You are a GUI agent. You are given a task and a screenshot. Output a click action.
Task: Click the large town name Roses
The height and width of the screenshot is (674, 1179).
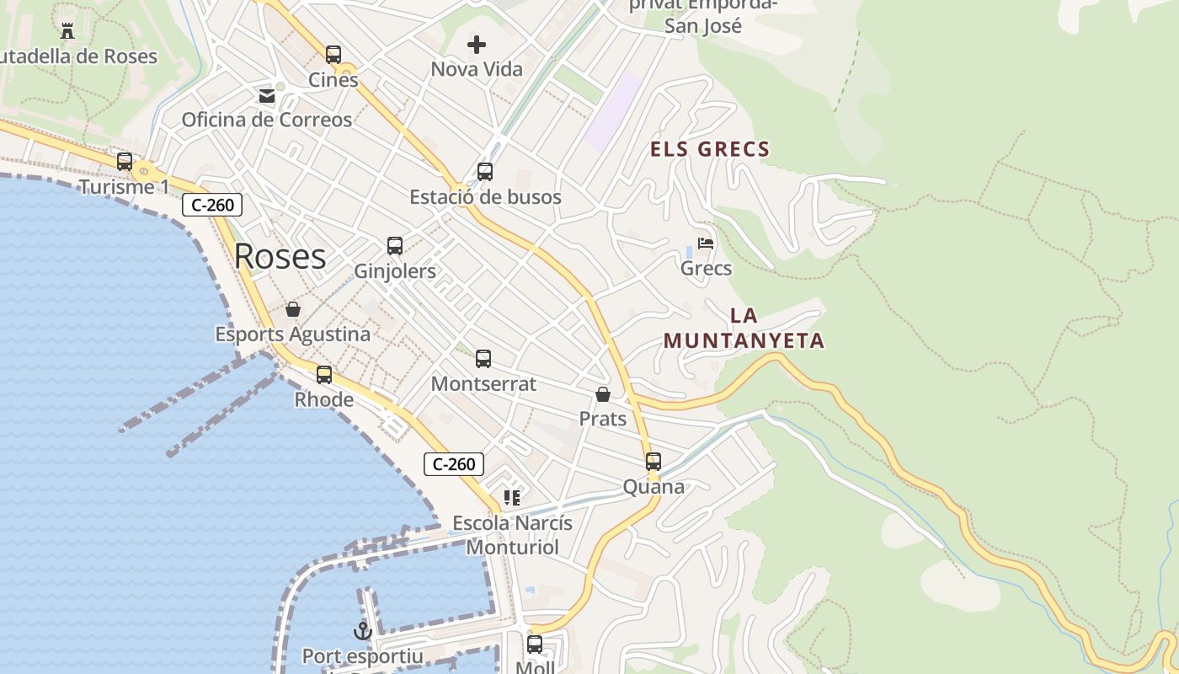coord(280,256)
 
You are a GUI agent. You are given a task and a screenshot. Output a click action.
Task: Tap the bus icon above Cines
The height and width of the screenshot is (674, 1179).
coord(333,55)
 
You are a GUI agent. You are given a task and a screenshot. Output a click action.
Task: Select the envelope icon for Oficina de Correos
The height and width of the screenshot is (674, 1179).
coord(267,95)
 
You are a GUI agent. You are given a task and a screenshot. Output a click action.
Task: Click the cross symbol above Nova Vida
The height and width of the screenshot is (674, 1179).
coord(477,44)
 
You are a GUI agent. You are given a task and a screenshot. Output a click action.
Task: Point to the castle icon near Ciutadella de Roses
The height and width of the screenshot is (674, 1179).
coord(67,31)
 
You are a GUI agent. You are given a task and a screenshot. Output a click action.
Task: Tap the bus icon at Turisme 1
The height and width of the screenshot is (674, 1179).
coord(125,161)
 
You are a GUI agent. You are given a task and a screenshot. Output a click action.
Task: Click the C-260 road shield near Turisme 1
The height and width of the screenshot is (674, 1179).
coord(212,205)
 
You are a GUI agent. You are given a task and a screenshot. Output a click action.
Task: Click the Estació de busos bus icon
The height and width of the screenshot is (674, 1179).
coord(485,172)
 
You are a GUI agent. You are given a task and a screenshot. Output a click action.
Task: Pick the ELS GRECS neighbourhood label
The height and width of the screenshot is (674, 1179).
coord(710,150)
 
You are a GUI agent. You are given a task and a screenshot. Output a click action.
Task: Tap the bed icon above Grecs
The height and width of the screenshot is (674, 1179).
coord(706,243)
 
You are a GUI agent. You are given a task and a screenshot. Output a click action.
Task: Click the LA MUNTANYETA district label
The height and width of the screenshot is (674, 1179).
coord(744,329)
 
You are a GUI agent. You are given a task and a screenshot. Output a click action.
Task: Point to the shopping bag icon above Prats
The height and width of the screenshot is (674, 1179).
coord(603,393)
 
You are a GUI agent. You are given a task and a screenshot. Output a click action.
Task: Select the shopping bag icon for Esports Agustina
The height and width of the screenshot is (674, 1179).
coord(293,309)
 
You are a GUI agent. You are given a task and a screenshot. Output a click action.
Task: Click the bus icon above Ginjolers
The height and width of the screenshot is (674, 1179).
coord(395,246)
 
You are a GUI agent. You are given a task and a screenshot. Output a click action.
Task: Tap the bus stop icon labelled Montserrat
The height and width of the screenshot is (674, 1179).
coord(483,359)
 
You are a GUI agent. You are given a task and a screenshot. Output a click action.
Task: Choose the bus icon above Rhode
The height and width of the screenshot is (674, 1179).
coord(324,375)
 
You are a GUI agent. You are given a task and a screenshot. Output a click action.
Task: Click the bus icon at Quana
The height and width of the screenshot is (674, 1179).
coord(654,462)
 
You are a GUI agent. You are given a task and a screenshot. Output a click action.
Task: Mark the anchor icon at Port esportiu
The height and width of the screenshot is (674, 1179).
coord(362,631)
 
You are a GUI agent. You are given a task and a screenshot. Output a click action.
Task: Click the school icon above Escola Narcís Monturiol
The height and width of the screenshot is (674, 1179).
coord(512,498)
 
